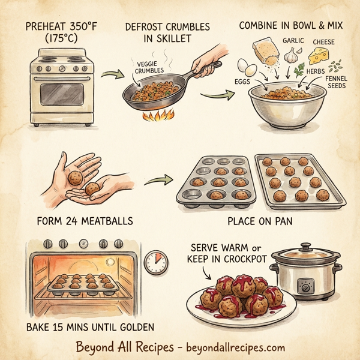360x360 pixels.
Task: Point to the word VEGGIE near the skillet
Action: point(148,63)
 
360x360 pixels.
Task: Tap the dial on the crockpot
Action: point(307,288)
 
